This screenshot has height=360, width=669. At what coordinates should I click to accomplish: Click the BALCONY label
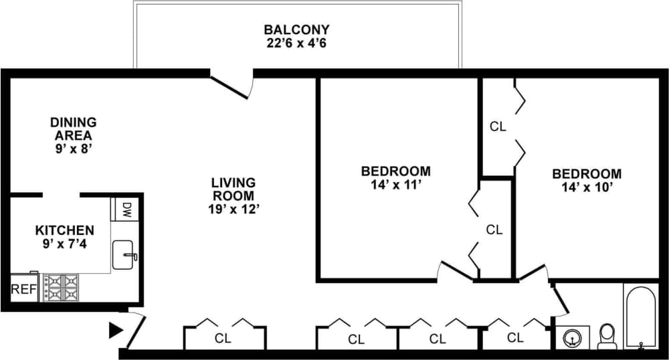[x=296, y=30]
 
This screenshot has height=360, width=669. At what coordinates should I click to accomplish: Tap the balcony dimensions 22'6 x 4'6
[x=296, y=43]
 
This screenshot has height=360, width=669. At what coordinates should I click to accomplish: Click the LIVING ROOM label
[x=233, y=189]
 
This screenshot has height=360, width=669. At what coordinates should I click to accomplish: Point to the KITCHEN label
[x=64, y=230]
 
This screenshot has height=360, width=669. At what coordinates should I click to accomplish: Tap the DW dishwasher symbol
[x=125, y=209]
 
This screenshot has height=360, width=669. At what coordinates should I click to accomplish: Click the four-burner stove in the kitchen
[x=61, y=288]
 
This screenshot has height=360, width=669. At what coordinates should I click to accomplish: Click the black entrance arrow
[x=116, y=329]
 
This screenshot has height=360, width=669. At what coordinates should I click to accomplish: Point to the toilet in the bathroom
[x=607, y=335]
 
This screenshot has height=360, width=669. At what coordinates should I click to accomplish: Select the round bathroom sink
[x=573, y=338]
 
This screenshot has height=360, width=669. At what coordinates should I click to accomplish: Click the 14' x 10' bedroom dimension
[x=586, y=187]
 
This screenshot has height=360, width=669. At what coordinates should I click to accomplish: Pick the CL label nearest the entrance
[x=223, y=339]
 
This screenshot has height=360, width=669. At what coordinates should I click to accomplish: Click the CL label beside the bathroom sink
[x=515, y=337]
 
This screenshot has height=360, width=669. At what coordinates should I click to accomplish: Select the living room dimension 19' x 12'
[x=233, y=209]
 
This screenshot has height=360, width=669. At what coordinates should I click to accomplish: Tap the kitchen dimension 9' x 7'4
[x=64, y=244]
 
